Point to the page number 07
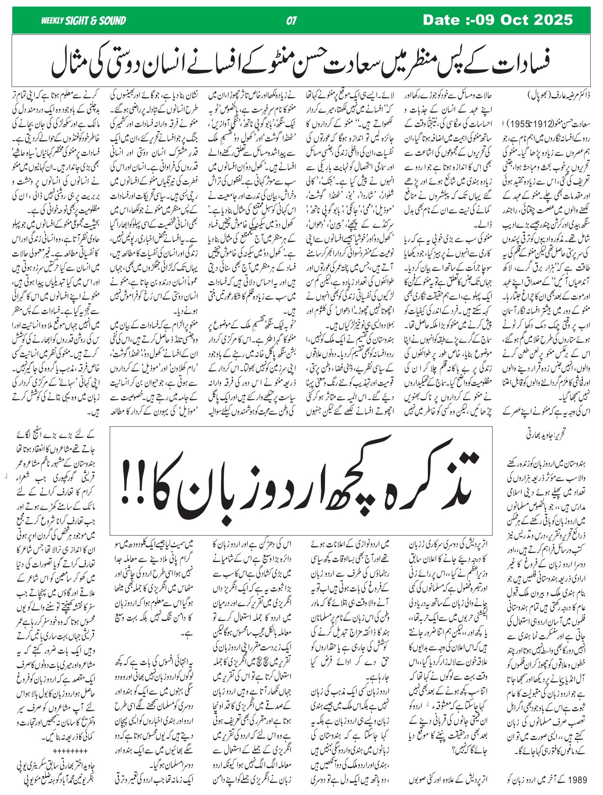291,21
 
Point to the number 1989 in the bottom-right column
578,779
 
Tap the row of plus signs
70,750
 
